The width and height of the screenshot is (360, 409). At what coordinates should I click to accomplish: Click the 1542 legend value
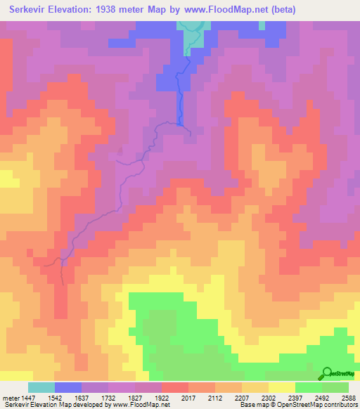55,397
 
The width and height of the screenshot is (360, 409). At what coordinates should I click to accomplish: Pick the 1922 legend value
162,397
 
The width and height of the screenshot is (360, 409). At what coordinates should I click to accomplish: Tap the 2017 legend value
188,397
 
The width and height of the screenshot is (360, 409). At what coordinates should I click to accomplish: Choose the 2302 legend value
269,397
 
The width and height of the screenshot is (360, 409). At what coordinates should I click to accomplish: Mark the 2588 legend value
347,397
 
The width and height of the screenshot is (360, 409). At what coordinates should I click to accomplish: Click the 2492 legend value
321,397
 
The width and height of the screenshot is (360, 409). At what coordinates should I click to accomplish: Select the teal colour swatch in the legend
41,387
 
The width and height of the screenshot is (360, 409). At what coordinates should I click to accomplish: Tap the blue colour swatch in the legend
68,387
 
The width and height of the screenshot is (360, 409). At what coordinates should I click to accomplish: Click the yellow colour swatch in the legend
282,387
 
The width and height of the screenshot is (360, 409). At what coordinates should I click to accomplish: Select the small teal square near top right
262,25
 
